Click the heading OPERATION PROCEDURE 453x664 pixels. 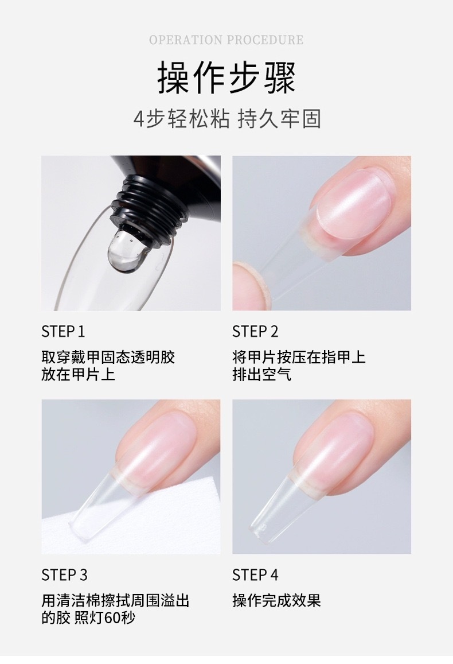tap(226, 40)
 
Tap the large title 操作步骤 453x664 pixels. tap(226, 77)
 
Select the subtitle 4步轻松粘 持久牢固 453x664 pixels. tap(227, 119)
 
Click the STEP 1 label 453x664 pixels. tap(63, 332)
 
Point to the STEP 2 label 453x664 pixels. tap(255, 332)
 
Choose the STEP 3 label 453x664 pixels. tap(64, 575)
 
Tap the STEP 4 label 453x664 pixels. tap(255, 575)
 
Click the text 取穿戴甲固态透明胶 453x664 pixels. tap(108, 357)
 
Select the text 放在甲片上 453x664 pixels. tap(78, 374)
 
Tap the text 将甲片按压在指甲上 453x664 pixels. tap(299, 357)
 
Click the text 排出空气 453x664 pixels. tap(262, 374)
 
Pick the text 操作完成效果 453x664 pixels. tap(276, 600)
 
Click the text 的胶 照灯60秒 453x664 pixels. tap(88, 618)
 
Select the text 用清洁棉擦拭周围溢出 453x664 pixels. tap(115, 600)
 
